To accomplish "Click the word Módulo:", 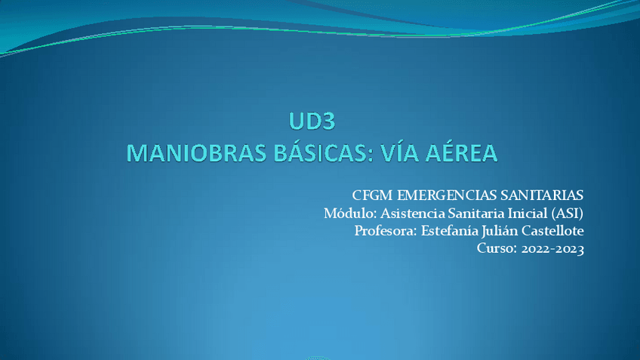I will point(346,213).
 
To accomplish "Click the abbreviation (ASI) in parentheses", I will point(568,213).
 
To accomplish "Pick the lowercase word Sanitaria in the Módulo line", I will point(471,213).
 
